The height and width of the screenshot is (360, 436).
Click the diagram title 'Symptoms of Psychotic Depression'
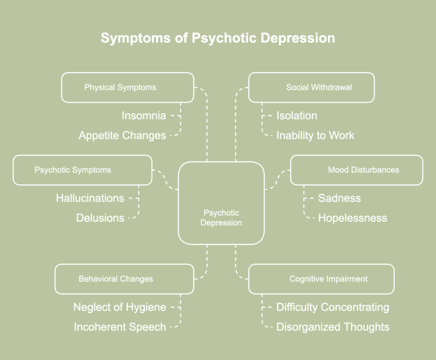pos(218,38)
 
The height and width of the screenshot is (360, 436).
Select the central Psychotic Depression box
pos(221,203)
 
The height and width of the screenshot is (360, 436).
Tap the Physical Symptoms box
pos(127,87)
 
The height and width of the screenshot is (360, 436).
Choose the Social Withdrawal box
pos(311,87)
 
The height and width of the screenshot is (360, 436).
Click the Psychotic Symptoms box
pos(82,170)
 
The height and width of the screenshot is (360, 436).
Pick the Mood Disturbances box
pos(356,170)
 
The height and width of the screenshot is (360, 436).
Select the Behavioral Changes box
pos(124,279)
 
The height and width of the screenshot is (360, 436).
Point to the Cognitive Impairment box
pos(321,279)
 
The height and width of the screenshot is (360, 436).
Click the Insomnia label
pos(143,115)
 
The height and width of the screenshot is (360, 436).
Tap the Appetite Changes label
pos(122,135)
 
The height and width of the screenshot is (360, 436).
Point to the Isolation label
pos(297,115)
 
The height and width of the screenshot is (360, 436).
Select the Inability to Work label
pos(315,135)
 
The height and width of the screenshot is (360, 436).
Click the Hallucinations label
pos(90,198)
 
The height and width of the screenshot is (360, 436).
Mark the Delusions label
pos(100,218)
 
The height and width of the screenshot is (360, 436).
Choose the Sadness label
pos(339,198)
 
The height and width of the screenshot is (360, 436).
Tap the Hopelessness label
pos(353,218)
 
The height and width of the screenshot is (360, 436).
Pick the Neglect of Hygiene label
pos(120,307)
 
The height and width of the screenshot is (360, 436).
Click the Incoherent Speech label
pos(120,327)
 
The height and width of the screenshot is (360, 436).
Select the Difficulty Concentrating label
pos(333,307)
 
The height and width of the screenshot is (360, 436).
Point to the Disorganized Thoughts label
pos(333,327)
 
